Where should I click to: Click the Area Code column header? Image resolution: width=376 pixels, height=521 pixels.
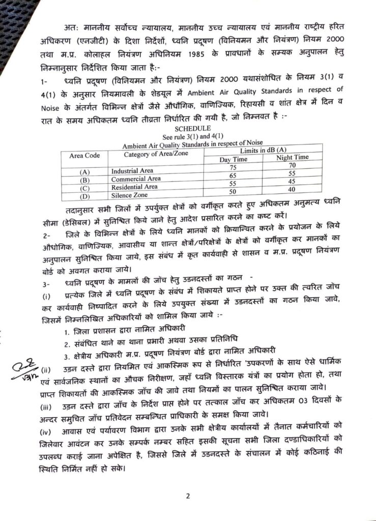click(84, 155)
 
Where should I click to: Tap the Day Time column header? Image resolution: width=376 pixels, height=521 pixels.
click(233, 159)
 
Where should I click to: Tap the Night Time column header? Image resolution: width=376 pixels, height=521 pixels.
click(292, 157)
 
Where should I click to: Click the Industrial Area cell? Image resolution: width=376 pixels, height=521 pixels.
click(132, 171)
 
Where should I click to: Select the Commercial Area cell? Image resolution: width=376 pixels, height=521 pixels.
click(136, 179)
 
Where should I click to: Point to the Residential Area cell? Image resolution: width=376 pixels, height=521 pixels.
click(134, 187)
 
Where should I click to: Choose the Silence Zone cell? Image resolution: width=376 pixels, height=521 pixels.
click(129, 195)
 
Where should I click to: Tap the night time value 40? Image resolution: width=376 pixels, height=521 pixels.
click(291, 189)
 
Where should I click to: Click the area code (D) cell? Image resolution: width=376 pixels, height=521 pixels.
click(84, 196)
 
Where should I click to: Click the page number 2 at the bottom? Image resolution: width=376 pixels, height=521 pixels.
click(188, 496)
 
